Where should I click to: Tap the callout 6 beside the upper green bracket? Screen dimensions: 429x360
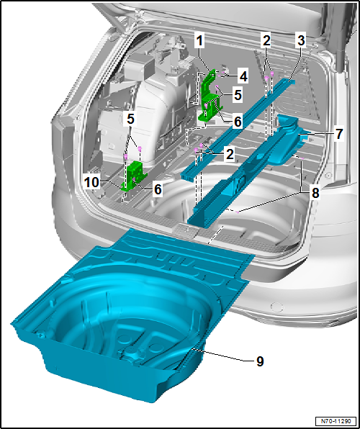[x=237, y=122]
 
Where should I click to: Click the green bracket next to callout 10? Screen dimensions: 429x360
[x=134, y=177]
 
